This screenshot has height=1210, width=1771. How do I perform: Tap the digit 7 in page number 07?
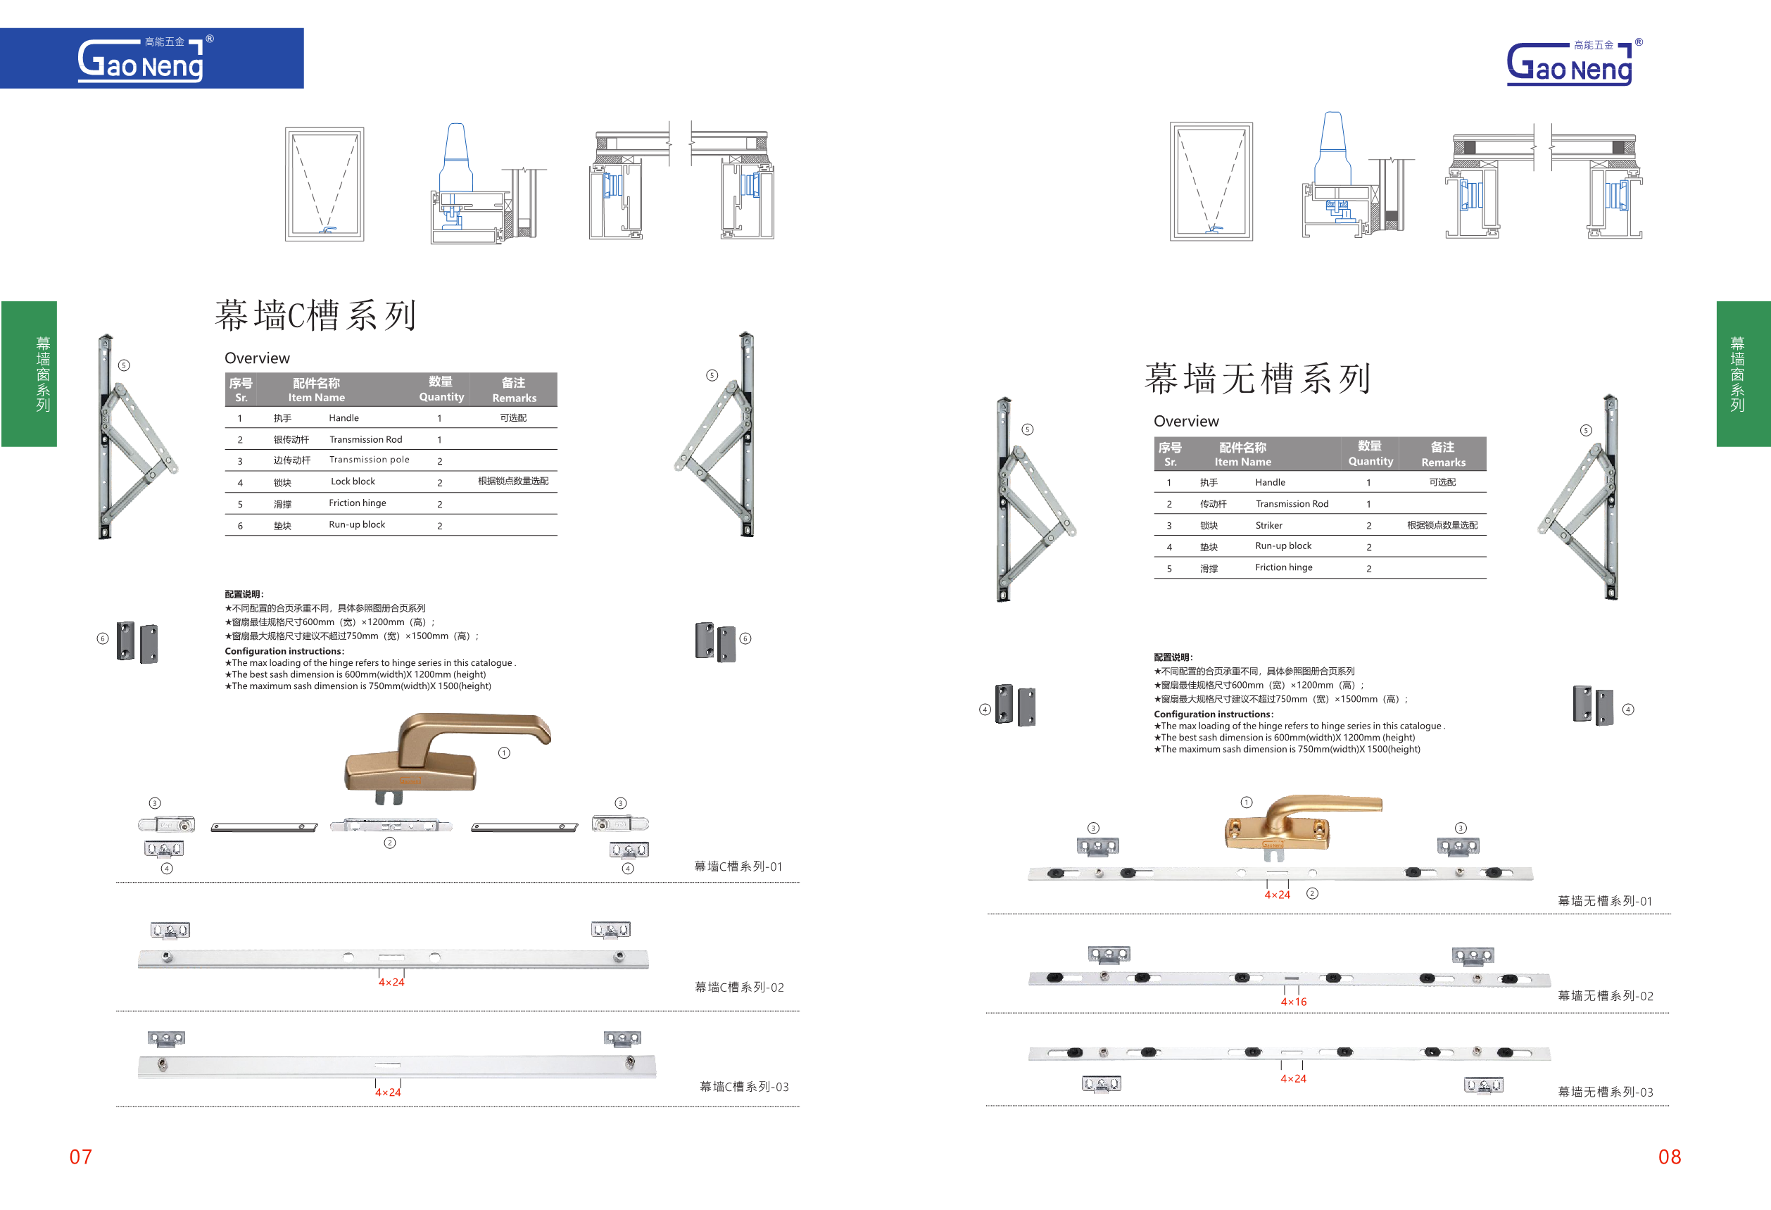pos(86,1157)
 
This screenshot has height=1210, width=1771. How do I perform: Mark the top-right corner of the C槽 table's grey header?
pos(557,373)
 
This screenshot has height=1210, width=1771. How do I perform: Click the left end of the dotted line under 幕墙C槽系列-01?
pos(117,883)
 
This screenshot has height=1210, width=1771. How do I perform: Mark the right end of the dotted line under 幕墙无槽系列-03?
pos(1669,1105)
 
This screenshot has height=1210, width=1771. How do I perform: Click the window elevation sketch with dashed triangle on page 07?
pos(324,184)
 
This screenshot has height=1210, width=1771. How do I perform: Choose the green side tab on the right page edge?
pos(1743,373)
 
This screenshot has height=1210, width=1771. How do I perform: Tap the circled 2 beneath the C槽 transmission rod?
pos(390,843)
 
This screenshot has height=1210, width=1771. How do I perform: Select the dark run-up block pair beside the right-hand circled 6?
pos(716,641)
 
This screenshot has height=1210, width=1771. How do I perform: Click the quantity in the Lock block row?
pos(440,482)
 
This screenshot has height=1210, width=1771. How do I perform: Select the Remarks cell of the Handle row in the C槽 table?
pos(513,417)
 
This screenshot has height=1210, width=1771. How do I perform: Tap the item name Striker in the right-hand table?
pos(1269,525)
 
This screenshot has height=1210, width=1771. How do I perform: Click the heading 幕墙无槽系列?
pos(1258,379)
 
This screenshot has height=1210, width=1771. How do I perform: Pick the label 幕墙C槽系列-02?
pos(739,987)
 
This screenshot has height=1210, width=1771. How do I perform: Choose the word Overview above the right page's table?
pos(1186,422)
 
